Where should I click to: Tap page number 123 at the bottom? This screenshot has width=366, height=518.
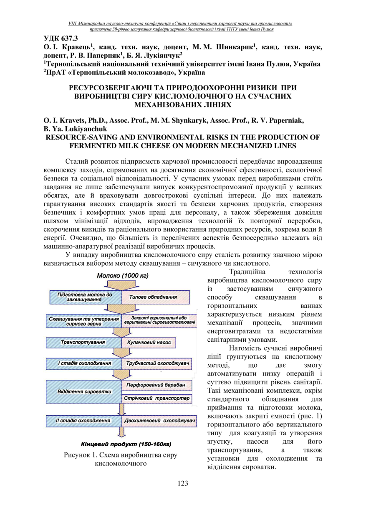(x=183, y=483)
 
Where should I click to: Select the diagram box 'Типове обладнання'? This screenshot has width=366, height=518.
(x=153, y=297)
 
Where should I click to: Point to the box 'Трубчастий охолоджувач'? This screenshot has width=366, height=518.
(x=158, y=363)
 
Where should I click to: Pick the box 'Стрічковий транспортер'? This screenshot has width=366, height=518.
(x=157, y=399)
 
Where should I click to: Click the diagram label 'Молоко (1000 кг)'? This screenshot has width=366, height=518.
(x=123, y=276)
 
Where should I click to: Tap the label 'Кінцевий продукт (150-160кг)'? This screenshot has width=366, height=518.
(x=125, y=444)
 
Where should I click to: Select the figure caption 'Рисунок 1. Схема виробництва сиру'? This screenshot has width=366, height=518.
(x=120, y=455)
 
